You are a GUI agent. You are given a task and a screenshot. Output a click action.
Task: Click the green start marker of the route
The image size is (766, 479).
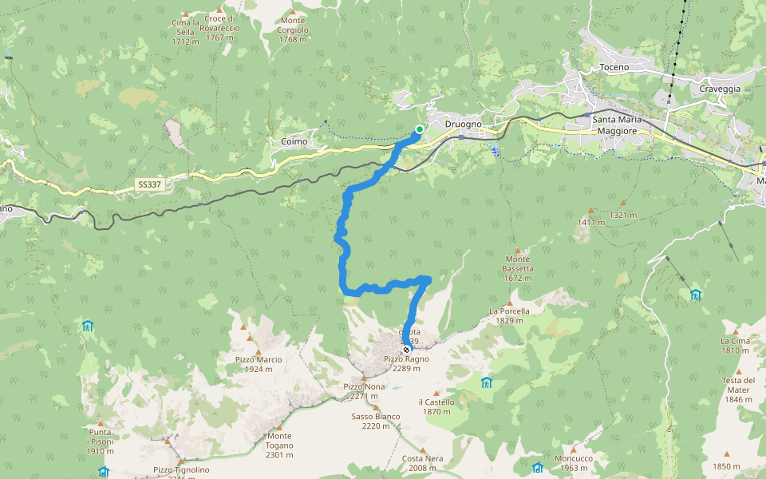(420, 129)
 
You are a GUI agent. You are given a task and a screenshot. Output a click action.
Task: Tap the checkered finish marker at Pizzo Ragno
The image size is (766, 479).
(407, 350)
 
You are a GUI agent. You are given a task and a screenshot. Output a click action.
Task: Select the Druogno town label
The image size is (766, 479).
(463, 124)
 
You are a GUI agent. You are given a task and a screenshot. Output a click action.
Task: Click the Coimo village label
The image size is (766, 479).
(294, 142)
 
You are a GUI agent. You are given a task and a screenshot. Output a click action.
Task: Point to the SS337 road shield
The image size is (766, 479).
(148, 184)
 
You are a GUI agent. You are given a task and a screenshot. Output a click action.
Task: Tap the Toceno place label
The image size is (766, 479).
(614, 68)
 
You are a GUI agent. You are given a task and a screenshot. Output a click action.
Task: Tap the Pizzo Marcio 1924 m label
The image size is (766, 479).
(259, 364)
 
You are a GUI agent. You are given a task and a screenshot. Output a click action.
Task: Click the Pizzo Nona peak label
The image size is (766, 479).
(364, 391)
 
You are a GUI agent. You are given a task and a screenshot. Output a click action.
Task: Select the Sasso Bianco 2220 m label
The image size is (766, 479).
(376, 421)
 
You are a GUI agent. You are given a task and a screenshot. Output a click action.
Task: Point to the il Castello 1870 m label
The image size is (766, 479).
(436, 407)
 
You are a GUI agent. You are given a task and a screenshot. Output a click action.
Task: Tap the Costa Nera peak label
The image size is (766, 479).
(423, 463)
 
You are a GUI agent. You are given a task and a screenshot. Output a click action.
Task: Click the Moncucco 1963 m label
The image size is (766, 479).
(573, 463)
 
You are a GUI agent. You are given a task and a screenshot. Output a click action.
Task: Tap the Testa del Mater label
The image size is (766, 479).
(738, 390)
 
